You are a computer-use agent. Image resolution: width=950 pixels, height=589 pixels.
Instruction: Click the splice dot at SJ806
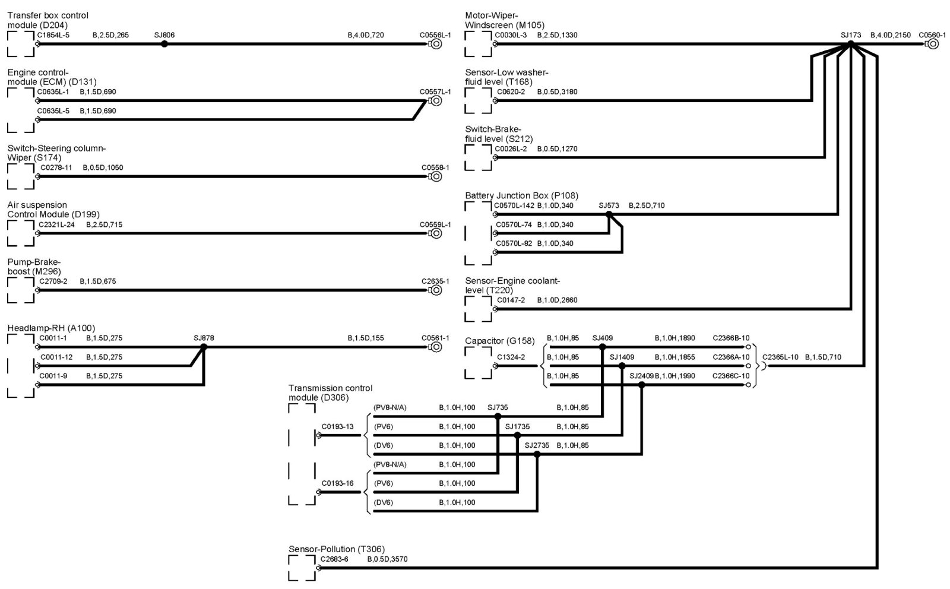pyautogui.click(x=164, y=43)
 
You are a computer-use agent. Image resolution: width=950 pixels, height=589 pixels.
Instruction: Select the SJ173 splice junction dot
pyautogui.click(x=850, y=43)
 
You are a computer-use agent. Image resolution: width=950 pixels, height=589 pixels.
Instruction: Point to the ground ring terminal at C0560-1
pyautogui.click(x=933, y=44)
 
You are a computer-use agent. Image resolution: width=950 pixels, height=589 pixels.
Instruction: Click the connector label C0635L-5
pyautogui.click(x=53, y=111)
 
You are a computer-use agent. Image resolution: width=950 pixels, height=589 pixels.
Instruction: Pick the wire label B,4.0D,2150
pyautogui.click(x=890, y=35)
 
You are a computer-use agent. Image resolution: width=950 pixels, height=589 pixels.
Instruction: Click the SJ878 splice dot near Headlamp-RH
pyautogui.click(x=204, y=347)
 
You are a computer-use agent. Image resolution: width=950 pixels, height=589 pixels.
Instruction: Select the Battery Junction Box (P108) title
pyautogui.click(x=521, y=195)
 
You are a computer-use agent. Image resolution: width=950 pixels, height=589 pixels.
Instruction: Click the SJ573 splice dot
pyautogui.click(x=609, y=214)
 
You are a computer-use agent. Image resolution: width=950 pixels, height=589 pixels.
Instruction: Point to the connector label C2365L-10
pyautogui.click(x=780, y=357)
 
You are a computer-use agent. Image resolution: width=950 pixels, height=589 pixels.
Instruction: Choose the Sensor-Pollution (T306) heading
pyautogui.click(x=337, y=549)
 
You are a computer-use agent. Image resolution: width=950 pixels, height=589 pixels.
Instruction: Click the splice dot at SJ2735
pyautogui.click(x=537, y=454)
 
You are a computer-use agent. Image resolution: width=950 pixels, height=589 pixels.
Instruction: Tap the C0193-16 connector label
pyautogui.click(x=337, y=483)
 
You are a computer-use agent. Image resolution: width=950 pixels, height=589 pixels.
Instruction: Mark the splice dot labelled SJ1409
pyautogui.click(x=622, y=366)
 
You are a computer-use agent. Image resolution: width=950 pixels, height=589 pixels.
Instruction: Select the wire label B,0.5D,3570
pyautogui.click(x=387, y=559)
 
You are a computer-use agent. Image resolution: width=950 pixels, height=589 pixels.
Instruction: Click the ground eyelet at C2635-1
pyautogui.click(x=436, y=290)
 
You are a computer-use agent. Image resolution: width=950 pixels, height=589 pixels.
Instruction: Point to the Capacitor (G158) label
pyautogui.click(x=499, y=341)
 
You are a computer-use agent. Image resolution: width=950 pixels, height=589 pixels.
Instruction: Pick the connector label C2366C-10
pyautogui.click(x=731, y=376)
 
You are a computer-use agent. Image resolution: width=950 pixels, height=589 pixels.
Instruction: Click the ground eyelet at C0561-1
pyautogui.click(x=436, y=347)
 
